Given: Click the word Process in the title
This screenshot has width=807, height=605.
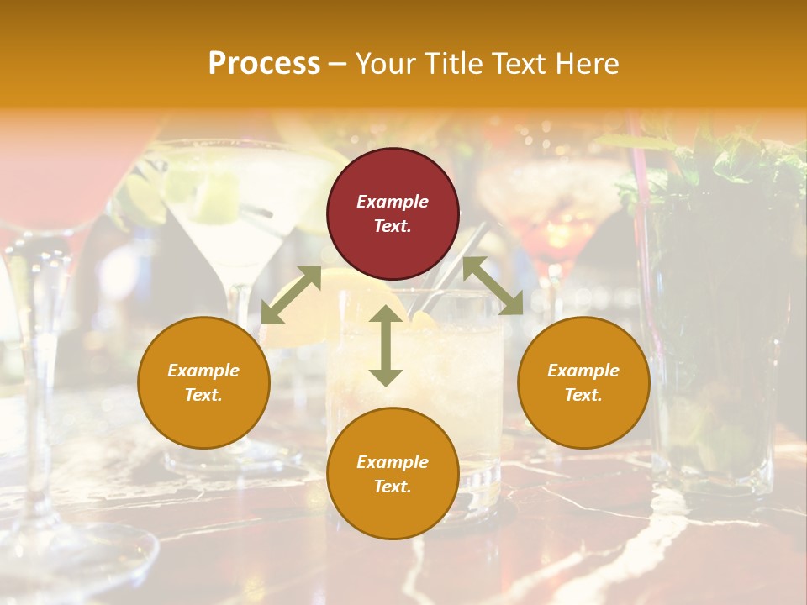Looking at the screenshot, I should (264, 64).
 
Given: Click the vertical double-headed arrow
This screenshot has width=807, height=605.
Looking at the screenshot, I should (386, 345).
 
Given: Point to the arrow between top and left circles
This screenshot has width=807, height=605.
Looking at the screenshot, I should (291, 295).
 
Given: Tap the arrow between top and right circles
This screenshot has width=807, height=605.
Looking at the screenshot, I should (493, 286).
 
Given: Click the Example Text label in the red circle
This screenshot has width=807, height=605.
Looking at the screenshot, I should (393, 213).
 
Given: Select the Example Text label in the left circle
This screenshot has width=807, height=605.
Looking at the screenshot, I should (203, 382).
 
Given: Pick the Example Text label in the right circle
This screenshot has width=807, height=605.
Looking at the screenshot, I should (583, 382).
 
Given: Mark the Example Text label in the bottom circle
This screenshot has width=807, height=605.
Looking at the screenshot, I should (393, 474).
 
